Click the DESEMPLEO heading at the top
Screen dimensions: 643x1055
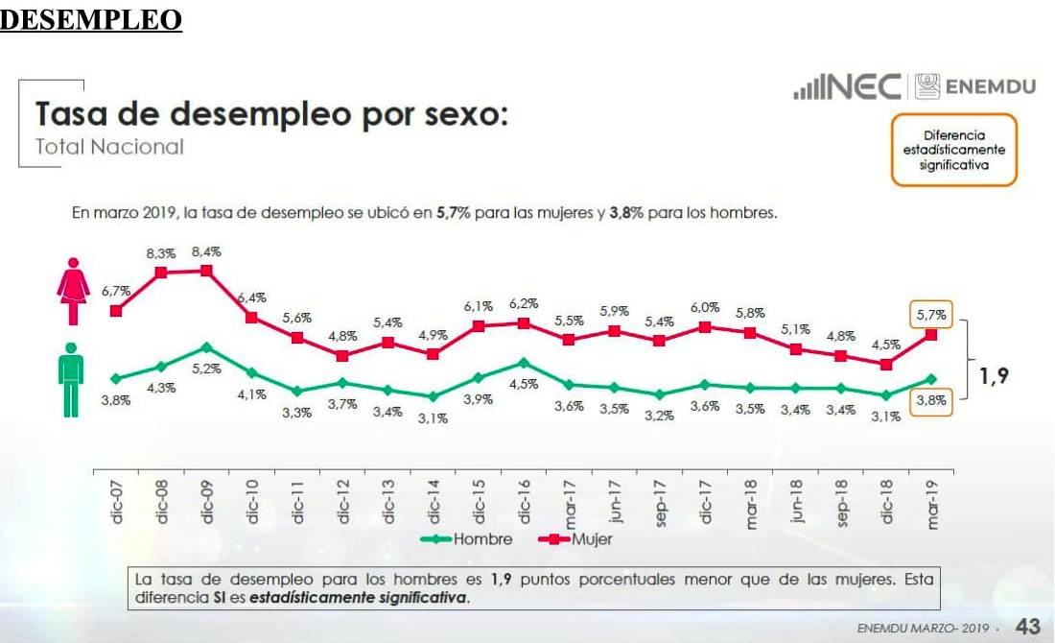[91, 19]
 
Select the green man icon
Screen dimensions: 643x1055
[71, 379]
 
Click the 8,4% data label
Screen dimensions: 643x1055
[206, 251]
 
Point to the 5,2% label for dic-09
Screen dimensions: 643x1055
[206, 369]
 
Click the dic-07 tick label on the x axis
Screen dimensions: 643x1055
[117, 502]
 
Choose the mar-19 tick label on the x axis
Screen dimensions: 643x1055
[933, 506]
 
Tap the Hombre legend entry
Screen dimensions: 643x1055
[482, 538]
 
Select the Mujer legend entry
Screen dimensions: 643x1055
[592, 538]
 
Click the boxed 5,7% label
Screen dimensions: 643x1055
[930, 314]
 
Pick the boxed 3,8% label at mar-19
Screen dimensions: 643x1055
[930, 401]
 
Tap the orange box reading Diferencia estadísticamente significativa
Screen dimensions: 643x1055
[953, 151]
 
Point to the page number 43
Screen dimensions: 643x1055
[1027, 627]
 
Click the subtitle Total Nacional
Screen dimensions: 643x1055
[109, 147]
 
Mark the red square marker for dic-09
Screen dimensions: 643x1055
[206, 271]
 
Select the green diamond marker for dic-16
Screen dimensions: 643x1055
[523, 363]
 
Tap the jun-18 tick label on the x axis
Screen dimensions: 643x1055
[796, 502]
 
